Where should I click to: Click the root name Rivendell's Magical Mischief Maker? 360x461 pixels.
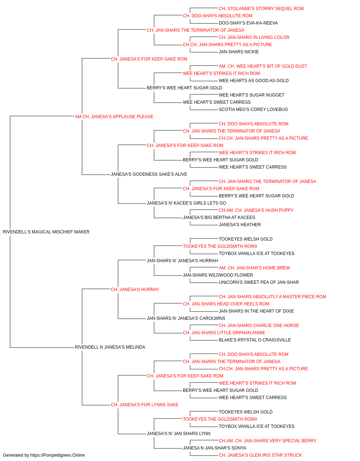click(x=46, y=232)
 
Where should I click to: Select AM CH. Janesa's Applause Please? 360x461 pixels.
click(x=114, y=116)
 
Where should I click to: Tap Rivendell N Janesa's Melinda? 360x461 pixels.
click(x=110, y=347)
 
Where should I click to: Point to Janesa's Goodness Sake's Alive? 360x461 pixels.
click(x=149, y=174)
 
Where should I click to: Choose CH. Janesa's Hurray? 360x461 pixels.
click(x=135, y=289)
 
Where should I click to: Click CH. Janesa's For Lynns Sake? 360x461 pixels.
click(x=144, y=404)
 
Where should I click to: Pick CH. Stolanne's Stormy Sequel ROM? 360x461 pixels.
click(x=261, y=9)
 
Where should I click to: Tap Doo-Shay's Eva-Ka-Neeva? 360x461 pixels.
click(x=248, y=23)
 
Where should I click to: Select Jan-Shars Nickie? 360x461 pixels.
click(x=239, y=52)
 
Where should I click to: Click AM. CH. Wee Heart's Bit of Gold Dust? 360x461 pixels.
click(x=263, y=66)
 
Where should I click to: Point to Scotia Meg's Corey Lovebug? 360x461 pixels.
click(x=253, y=109)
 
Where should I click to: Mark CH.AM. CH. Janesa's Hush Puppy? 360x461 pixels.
click(x=256, y=210)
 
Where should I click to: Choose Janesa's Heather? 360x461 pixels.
click(x=240, y=224)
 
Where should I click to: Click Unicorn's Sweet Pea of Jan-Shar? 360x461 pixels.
click(x=258, y=282)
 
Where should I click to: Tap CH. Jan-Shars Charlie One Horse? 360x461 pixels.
click(x=259, y=326)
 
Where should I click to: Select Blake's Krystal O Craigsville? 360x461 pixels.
click(x=255, y=340)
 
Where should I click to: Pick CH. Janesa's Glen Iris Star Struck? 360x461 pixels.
click(x=260, y=455)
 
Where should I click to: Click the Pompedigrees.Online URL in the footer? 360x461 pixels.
click(x=58, y=455)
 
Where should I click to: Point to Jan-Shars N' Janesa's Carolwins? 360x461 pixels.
click(x=186, y=318)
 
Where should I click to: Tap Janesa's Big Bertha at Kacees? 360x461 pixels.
click(x=219, y=217)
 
